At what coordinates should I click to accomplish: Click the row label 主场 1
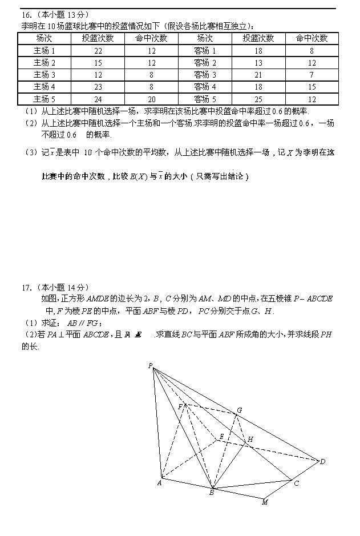(44, 51)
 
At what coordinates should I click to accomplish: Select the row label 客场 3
(205, 75)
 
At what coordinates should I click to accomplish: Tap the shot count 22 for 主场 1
(98, 51)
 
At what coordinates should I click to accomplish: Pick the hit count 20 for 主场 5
(151, 99)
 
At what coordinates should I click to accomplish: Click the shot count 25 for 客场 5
(258, 99)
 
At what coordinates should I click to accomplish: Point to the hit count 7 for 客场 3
(312, 75)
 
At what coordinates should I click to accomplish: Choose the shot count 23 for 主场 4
(98, 87)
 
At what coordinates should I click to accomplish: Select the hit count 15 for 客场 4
(312, 87)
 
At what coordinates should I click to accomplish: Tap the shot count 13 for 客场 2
(258, 63)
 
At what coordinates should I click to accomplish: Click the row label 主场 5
(44, 99)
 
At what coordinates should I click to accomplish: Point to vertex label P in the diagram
(149, 366)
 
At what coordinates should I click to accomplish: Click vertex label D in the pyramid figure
(322, 461)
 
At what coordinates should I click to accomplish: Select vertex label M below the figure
(265, 502)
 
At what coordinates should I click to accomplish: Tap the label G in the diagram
(239, 410)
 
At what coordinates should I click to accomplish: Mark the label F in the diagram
(180, 406)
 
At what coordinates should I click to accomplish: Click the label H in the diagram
(249, 440)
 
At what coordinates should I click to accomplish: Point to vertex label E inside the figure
(221, 437)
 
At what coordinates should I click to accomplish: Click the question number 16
(26, 14)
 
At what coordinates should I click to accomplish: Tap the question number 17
(26, 287)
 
